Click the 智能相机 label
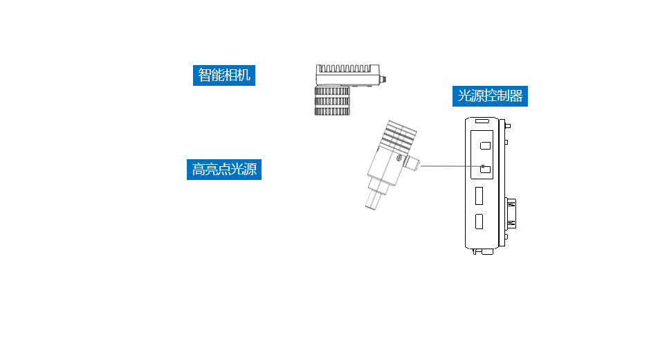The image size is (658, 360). coord(224,75)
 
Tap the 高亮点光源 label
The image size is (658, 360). coord(224,169)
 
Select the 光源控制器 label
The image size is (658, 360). coord(491,96)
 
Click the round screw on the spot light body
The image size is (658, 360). coord(399,159)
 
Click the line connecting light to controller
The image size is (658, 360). coord(450,166)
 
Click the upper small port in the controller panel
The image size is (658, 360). coord(486,145)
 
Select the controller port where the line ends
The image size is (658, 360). coord(486,169)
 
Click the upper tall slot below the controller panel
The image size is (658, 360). coord(479,196)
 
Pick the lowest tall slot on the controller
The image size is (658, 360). coord(479,222)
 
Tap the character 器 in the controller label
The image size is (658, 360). coord(515,96)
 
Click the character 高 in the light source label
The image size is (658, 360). coord(199,169)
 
